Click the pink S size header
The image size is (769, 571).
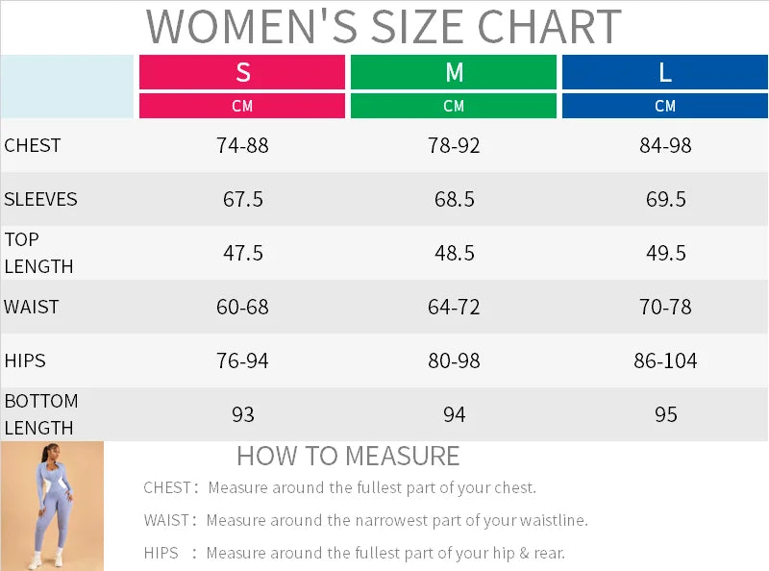pos(242,72)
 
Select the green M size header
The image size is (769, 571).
pos(454,72)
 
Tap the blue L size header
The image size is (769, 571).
pos(665,72)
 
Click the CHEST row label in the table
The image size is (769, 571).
pos(33,145)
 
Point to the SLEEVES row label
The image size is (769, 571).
pos(40,199)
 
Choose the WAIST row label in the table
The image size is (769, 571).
pos(32,307)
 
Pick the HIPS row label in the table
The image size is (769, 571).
pos(25,360)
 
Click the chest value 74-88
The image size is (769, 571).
pos(242,146)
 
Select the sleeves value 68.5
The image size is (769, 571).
pos(454,200)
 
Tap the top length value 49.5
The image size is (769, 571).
pos(665,254)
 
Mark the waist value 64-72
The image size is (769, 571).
pos(454,308)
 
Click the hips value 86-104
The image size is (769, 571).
pos(665,361)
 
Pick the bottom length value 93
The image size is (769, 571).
pos(242,415)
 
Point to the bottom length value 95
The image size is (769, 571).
pos(665,415)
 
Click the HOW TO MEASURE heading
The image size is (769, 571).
pos(348,456)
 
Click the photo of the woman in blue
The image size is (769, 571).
pos(52,506)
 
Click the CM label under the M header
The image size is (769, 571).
pos(454,106)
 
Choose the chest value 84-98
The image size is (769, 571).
pos(665,146)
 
